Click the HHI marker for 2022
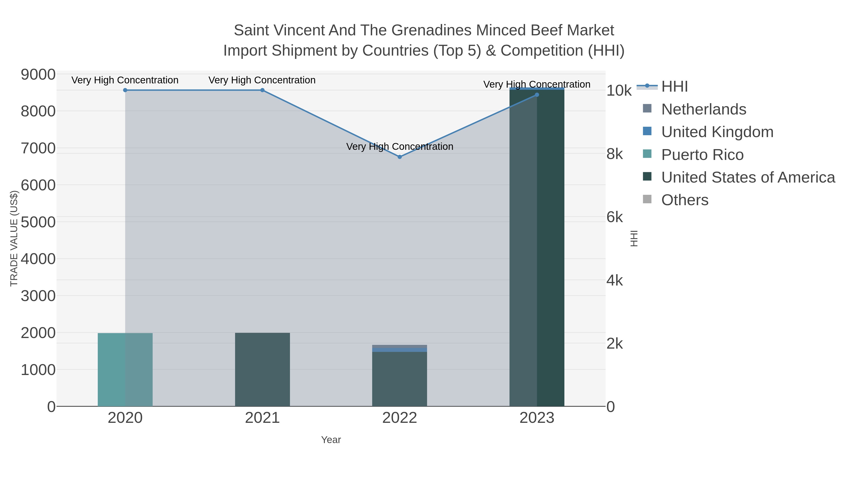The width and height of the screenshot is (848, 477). pyautogui.click(x=400, y=157)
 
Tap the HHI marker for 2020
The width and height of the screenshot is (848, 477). pyautogui.click(x=125, y=90)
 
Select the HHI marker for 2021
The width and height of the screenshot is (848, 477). pyautogui.click(x=262, y=90)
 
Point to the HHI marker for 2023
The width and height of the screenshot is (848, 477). pyautogui.click(x=537, y=95)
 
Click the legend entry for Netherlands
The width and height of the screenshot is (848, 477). pyautogui.click(x=703, y=109)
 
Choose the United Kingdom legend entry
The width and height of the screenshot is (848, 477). pyautogui.click(x=717, y=132)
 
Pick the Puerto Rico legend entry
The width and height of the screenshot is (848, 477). pyautogui.click(x=702, y=155)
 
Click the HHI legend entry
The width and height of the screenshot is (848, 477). pyautogui.click(x=675, y=87)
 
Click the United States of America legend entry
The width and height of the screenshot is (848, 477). pyautogui.click(x=748, y=177)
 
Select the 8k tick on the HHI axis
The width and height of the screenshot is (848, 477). pyautogui.click(x=615, y=154)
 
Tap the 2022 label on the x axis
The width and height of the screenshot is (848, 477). pyautogui.click(x=400, y=418)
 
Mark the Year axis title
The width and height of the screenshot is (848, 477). pyautogui.click(x=331, y=440)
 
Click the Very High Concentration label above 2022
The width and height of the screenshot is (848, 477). pyautogui.click(x=400, y=147)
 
